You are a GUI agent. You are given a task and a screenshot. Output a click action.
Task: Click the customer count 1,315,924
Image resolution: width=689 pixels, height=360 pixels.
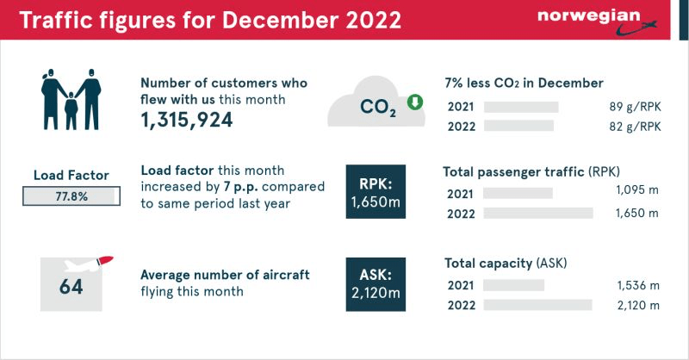point(187,121)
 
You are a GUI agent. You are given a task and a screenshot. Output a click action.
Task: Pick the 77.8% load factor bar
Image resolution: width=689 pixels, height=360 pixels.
point(71,197)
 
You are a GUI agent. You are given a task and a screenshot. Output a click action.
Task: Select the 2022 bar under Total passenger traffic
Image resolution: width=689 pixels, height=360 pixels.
point(538,213)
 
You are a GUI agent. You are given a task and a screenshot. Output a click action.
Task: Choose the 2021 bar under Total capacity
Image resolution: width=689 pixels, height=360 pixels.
point(514,285)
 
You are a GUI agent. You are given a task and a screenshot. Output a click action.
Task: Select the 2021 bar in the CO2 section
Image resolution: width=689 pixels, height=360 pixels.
point(521,107)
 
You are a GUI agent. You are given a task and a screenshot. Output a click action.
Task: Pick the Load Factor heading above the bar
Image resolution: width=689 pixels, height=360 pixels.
point(71,176)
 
